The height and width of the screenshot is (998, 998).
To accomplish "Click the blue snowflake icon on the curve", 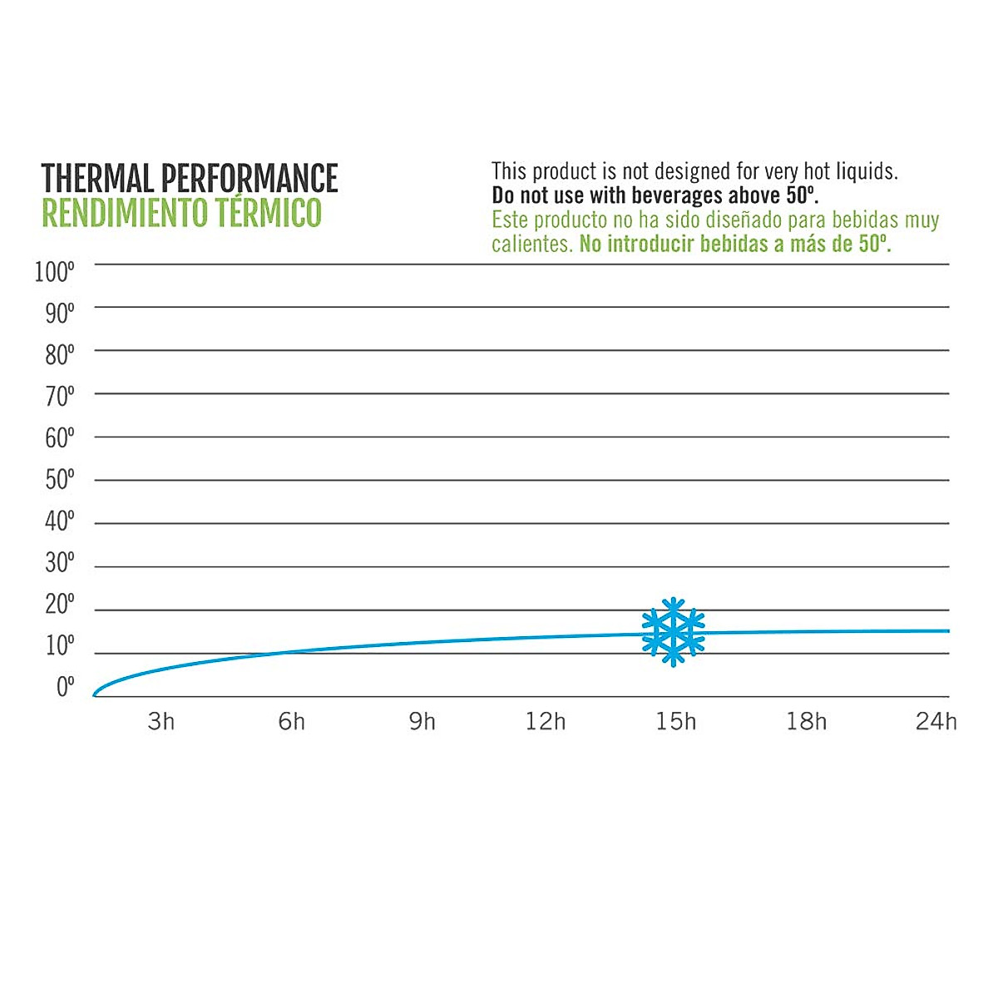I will [673, 632].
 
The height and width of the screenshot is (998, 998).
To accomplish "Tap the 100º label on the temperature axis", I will [55, 272].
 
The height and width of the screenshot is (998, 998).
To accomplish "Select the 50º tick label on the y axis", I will [59, 480].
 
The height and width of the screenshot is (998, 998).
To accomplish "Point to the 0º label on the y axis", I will [65, 688].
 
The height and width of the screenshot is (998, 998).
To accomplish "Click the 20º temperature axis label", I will [59, 605].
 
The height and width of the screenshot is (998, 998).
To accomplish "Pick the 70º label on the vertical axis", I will [59, 397].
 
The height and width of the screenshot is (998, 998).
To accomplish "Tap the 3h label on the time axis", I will [161, 721].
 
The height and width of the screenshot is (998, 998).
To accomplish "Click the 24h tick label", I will [936, 721].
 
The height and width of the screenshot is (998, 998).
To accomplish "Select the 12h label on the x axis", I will [546, 721].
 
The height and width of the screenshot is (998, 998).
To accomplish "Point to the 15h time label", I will [675, 721].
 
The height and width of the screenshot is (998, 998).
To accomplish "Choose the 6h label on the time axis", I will [292, 721].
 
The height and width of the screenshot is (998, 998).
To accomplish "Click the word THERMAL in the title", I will [97, 179].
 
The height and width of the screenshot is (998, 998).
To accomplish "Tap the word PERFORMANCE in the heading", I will [249, 179].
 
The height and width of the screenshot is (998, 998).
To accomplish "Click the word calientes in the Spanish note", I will [530, 245].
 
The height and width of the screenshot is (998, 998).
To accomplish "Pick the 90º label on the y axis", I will [59, 314].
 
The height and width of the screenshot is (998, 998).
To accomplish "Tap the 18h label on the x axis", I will [807, 721].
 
